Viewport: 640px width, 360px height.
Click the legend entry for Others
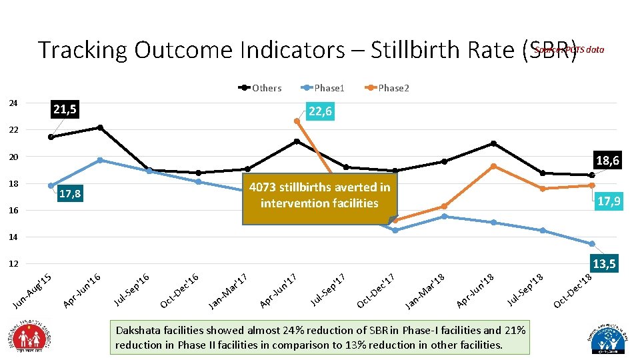[x=261, y=88]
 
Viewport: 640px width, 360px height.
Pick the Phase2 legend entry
[x=388, y=88]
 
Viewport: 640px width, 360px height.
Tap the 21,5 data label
[x=64, y=109]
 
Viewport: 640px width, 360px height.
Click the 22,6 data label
[x=320, y=112]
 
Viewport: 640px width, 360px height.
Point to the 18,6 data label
[x=607, y=161]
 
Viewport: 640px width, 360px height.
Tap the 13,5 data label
[x=603, y=265]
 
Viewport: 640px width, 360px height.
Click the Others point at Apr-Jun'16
[x=100, y=127]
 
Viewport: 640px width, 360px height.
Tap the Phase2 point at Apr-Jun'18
[x=493, y=166]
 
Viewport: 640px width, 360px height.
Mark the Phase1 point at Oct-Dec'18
[x=591, y=244]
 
